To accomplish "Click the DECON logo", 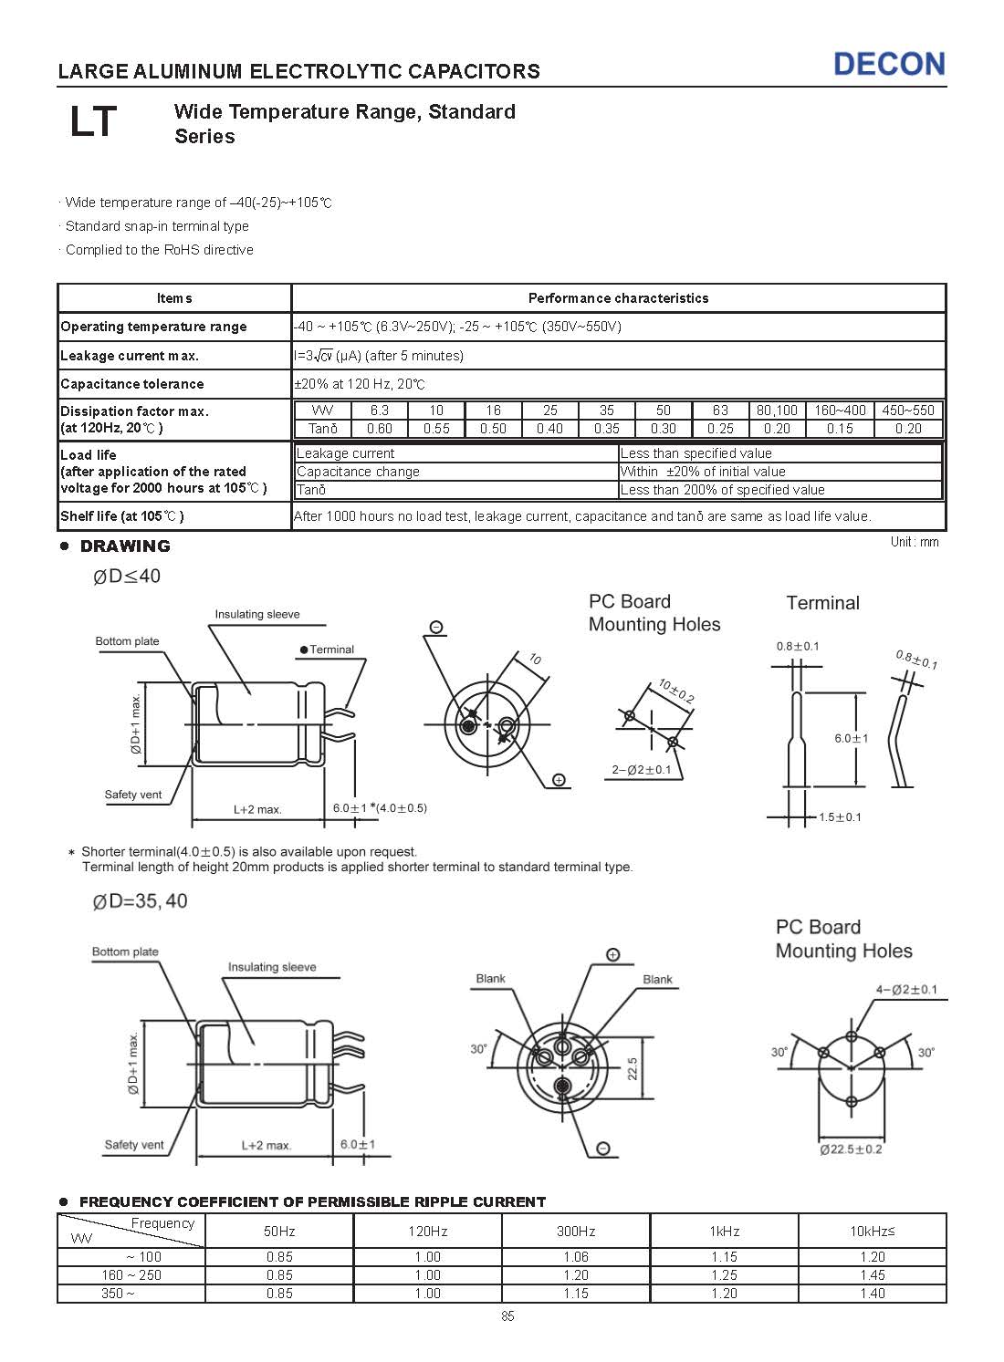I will tap(889, 64).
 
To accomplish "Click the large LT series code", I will tap(93, 122).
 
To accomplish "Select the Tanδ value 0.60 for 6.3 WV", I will tap(379, 429).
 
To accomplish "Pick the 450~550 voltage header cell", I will tap(908, 411).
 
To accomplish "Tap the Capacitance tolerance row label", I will tap(132, 384).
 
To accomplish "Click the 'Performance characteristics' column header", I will tap(618, 298).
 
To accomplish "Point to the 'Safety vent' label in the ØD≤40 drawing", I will tap(133, 795).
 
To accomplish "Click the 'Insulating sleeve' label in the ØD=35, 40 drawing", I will tap(272, 967).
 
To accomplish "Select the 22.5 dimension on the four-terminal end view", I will tap(633, 1068).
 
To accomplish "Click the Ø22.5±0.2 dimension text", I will tap(851, 1149).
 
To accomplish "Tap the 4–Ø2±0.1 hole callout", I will tap(906, 990).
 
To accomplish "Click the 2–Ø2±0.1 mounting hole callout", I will tap(641, 770).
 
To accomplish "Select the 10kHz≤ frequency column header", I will tap(872, 1232).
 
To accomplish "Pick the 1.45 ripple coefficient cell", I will tap(872, 1275).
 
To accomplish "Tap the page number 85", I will tap(507, 1316).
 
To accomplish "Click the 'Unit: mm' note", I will tap(914, 542).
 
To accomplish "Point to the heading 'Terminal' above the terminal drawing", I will tap(822, 603).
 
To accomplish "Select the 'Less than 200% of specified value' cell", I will tap(722, 490).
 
